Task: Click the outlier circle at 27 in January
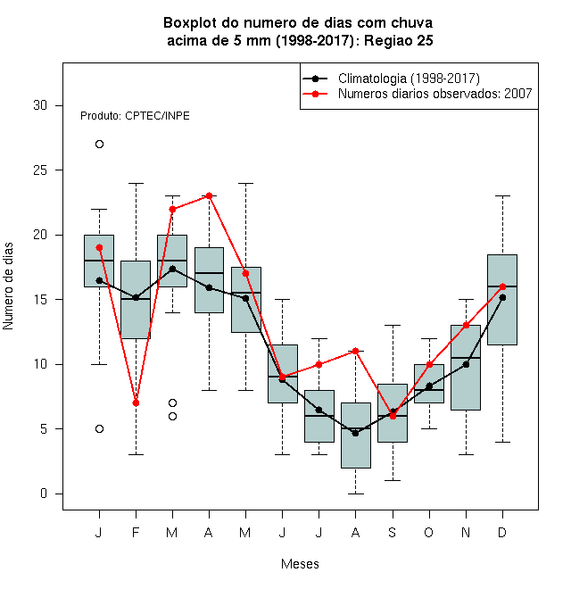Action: click(99, 145)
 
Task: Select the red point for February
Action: click(136, 403)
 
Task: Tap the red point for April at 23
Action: click(210, 195)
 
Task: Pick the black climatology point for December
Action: click(502, 297)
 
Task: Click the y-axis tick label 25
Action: click(40, 170)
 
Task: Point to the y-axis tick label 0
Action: click(44, 494)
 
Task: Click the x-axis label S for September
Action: click(393, 532)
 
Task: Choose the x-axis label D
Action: click(502, 532)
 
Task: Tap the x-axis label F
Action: click(136, 532)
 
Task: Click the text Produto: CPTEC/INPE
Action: click(135, 116)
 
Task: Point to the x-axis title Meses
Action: click(300, 564)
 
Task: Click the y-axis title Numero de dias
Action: click(8, 286)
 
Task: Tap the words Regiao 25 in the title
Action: click(399, 40)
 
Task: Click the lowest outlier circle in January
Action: click(99, 429)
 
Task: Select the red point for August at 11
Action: click(355, 352)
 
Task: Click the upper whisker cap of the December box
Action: click(502, 195)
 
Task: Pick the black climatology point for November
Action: click(466, 364)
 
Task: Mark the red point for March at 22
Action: click(172, 209)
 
